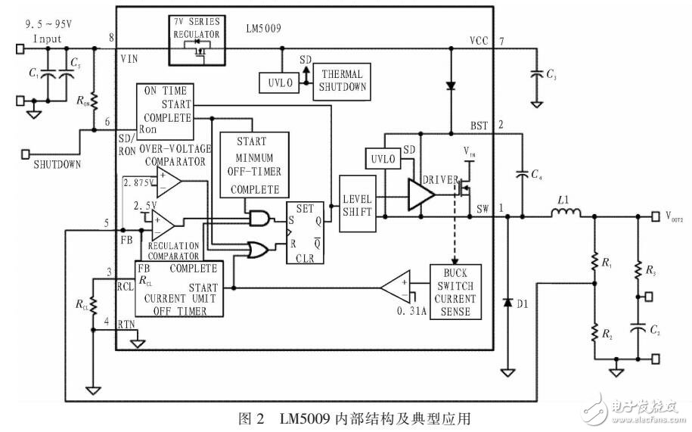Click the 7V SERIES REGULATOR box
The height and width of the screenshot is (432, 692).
(x=196, y=34)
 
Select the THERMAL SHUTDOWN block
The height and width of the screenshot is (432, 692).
(x=343, y=80)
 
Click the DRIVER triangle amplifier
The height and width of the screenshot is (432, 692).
(x=420, y=192)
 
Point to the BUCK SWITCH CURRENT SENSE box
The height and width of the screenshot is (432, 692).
(x=455, y=291)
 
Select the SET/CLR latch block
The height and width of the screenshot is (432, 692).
(x=304, y=232)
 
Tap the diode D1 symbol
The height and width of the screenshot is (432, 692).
(x=506, y=302)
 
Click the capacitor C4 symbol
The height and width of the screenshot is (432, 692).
(x=521, y=175)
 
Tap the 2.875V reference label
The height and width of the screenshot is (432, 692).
(x=137, y=182)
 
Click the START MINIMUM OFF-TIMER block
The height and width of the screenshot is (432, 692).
(x=255, y=165)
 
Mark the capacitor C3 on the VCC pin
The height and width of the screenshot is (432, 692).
(x=535, y=74)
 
